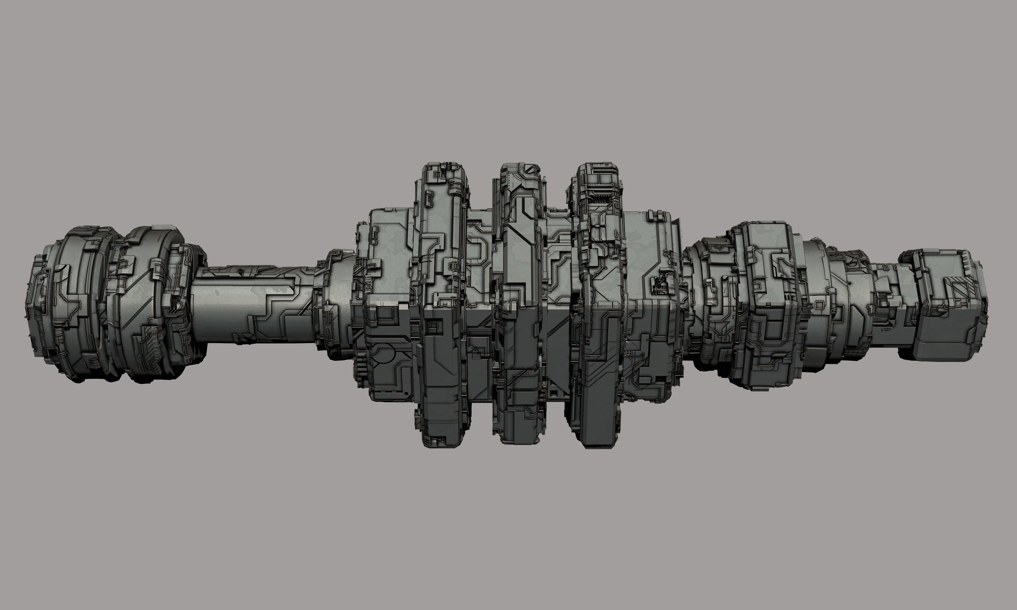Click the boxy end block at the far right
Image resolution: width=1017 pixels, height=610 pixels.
(x=946, y=304)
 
